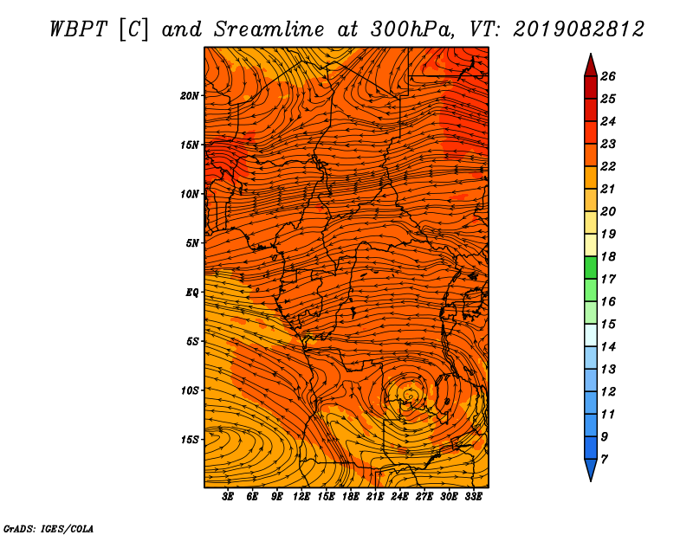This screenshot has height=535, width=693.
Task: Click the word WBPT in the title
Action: tap(78, 29)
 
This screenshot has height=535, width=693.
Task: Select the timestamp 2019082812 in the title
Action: tap(579, 29)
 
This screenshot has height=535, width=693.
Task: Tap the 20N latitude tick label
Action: tap(190, 96)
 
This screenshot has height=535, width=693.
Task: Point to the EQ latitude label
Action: tap(192, 293)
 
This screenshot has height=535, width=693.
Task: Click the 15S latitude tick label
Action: tap(190, 440)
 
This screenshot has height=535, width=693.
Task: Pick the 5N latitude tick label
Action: tap(192, 243)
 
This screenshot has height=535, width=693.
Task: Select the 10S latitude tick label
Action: tap(190, 391)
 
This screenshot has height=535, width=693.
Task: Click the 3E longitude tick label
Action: tap(228, 497)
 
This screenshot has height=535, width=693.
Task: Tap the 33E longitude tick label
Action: tap(473, 497)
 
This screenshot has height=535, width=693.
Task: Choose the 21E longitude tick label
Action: tap(375, 497)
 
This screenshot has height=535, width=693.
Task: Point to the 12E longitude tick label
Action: tap(301, 497)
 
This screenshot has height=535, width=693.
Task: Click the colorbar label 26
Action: tap(608, 76)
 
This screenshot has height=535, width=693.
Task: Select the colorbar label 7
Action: tap(605, 460)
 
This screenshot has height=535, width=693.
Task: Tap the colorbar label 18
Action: tap(608, 256)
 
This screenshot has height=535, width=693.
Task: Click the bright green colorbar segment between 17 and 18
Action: tap(591, 267)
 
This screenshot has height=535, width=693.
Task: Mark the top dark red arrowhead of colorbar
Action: tap(591, 65)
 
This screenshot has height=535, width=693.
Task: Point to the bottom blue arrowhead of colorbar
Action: tap(591, 470)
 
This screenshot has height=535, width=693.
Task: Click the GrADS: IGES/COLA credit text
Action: tap(49, 528)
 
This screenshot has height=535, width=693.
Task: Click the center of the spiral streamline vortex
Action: tap(408, 394)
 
